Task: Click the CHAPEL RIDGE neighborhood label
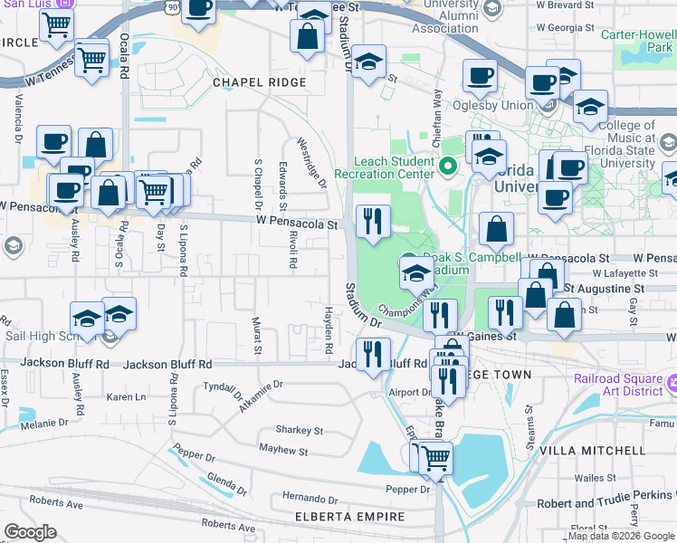pos(260,82)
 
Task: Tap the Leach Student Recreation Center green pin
pos(446,167)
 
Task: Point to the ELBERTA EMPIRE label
pos(350,517)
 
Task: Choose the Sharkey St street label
pos(300,431)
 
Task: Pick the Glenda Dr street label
pos(226,481)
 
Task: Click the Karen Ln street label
pos(127,397)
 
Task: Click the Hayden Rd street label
pos(329,329)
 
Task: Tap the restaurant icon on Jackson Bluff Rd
pos(372,352)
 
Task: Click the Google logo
pos(32,532)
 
